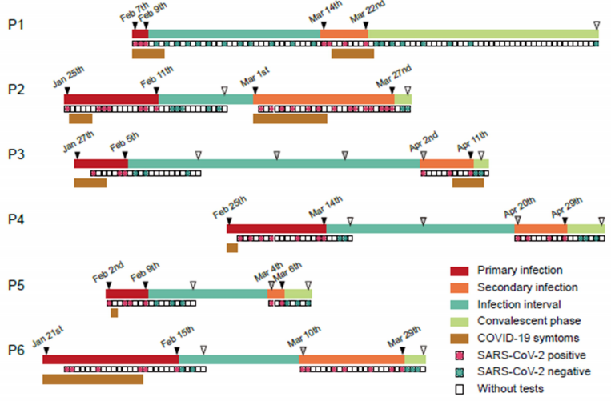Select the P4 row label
16,219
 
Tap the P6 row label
16,349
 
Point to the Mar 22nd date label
369,14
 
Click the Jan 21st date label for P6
47,339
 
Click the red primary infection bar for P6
110,359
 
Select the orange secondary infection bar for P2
324,99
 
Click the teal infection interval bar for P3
273,164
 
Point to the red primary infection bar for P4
276,229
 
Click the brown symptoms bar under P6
81,379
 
